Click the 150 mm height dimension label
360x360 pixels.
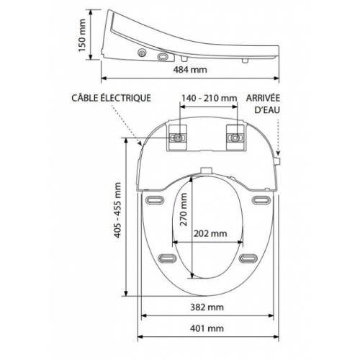coord(82,35)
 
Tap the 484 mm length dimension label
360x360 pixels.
coord(190,70)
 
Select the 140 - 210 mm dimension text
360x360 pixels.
coord(209,98)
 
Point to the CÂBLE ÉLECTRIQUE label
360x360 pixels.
coord(112,98)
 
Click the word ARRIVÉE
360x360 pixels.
coord(263,98)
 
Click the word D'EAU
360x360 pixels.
coord(267,110)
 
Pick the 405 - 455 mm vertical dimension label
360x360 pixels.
coord(117,210)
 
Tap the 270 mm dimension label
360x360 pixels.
coord(184,210)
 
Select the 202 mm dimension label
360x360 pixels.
coord(210,233)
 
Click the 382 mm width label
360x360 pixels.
coord(207,307)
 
